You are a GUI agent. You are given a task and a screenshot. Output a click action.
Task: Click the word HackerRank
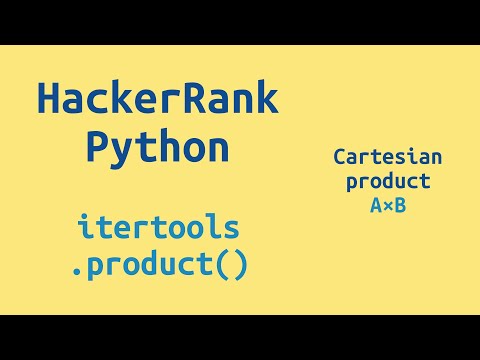pyautogui.click(x=157, y=100)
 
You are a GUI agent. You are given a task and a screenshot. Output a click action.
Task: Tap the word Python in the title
pyautogui.click(x=157, y=148)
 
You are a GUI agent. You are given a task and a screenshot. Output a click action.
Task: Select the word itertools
pyautogui.click(x=158, y=228)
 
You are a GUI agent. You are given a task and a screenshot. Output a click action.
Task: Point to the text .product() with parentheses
pyautogui.click(x=158, y=266)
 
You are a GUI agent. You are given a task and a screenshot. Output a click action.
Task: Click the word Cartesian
pyautogui.click(x=387, y=157)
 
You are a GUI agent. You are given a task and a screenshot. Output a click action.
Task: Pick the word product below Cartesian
pyautogui.click(x=387, y=181)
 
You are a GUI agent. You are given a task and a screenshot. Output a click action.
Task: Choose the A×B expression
pyautogui.click(x=387, y=205)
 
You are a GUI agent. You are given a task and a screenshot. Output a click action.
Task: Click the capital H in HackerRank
pyautogui.click(x=49, y=100)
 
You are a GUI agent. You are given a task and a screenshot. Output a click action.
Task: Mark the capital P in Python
pyautogui.click(x=97, y=148)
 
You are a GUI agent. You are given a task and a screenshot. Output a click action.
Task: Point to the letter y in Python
pyautogui.click(x=121, y=152)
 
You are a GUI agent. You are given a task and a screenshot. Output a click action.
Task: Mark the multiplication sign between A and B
pyautogui.click(x=387, y=206)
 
